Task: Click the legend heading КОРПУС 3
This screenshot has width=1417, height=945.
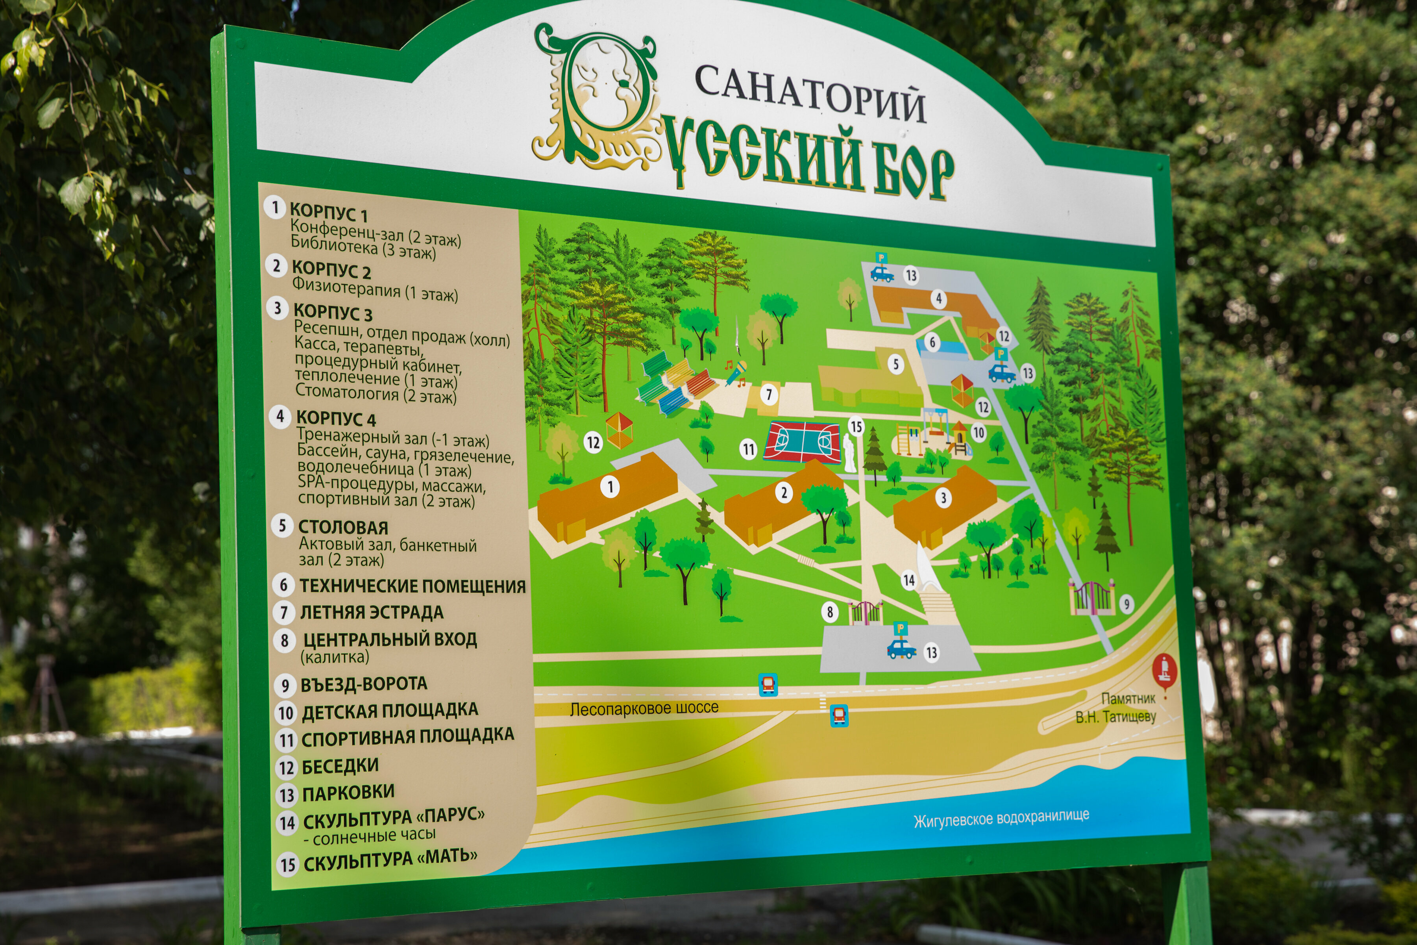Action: tap(333, 313)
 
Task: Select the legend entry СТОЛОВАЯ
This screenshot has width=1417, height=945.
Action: tap(343, 527)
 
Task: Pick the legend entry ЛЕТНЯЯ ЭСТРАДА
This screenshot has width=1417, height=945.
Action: tap(371, 612)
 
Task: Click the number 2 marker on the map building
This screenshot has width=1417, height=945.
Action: tap(784, 493)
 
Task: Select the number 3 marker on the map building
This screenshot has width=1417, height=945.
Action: tap(943, 497)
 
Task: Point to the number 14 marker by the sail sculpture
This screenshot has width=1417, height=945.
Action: tap(908, 580)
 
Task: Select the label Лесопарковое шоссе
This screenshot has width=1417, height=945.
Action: tap(644, 708)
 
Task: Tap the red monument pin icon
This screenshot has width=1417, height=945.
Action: tap(1165, 670)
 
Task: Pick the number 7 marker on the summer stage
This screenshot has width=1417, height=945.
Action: tap(768, 395)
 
